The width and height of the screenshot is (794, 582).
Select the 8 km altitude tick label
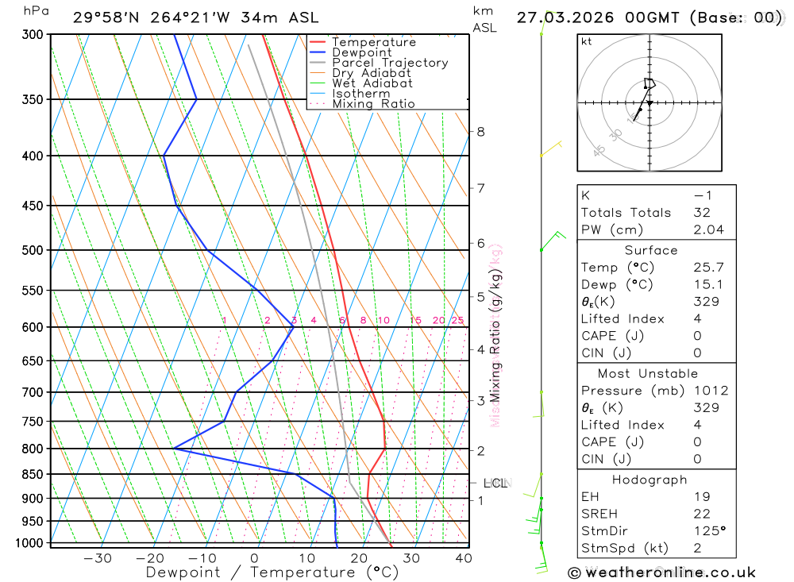480,132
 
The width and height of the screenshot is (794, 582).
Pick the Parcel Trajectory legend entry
389,63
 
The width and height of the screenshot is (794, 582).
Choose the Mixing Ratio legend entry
373,104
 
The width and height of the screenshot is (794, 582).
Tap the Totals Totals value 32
701,213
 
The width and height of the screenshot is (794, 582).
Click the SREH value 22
701,514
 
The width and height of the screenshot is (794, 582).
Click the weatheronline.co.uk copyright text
661,572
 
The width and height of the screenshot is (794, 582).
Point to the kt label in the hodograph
587,41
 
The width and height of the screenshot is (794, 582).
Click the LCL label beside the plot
495,483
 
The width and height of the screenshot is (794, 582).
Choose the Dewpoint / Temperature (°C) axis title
272,572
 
